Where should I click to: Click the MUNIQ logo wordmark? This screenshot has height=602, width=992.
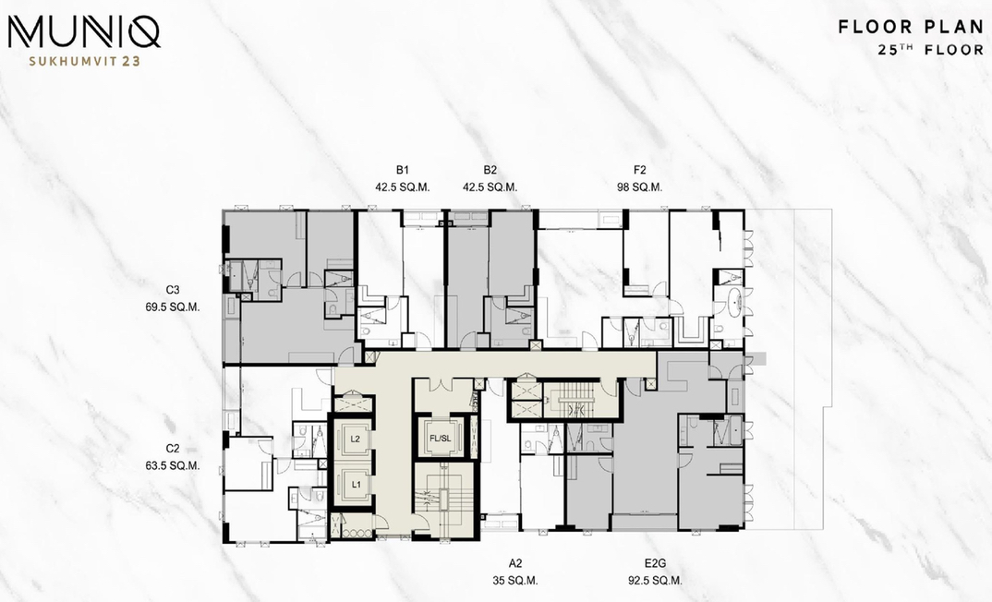click(83, 31)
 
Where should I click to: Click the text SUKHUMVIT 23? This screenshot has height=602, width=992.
click(85, 61)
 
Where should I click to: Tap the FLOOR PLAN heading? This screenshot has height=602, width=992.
click(911, 27)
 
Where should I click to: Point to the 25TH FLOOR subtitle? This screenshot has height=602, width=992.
click(931, 49)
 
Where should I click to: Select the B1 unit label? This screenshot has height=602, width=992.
click(403, 170)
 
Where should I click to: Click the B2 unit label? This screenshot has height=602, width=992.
click(490, 170)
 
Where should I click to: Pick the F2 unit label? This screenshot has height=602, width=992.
click(639, 170)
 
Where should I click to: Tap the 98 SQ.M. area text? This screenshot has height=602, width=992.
click(639, 187)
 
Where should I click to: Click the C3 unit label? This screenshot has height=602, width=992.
click(173, 290)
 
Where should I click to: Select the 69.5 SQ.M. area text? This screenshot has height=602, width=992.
click(173, 307)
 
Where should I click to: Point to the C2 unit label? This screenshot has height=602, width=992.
click(173, 449)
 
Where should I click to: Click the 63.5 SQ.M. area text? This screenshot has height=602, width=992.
click(173, 466)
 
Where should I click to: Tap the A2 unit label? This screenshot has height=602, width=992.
click(515, 563)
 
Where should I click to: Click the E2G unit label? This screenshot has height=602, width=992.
click(656, 563)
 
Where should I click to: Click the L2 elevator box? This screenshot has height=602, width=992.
click(356, 438)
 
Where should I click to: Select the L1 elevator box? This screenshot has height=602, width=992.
click(356, 485)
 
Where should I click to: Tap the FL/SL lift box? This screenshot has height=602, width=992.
click(441, 437)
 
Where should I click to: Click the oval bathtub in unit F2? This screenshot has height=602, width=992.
click(734, 303)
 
